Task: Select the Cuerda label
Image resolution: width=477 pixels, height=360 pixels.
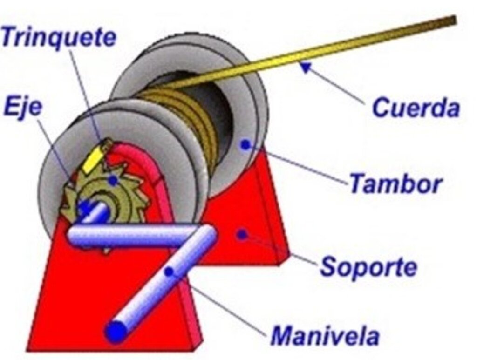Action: [x=416, y=108]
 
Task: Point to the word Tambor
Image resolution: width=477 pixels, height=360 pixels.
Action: [x=395, y=183]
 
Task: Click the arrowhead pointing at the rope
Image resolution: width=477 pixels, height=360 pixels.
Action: [x=307, y=67]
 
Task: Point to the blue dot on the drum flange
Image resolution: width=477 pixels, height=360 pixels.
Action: [x=245, y=145]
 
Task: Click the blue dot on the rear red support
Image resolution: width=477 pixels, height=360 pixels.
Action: [x=242, y=234]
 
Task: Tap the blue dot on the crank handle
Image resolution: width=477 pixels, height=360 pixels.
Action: [x=169, y=272]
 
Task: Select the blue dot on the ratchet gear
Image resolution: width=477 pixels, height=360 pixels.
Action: [x=113, y=181]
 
